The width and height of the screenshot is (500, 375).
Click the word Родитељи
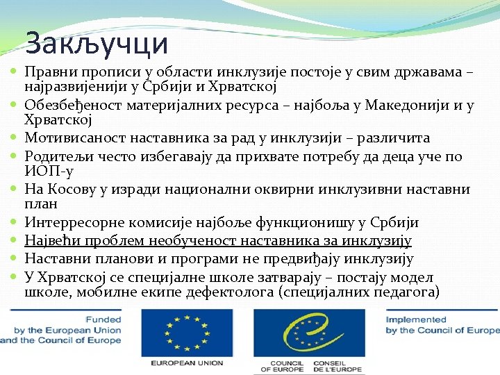pos(54,156)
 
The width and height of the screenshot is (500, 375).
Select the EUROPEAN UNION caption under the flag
pos(185,362)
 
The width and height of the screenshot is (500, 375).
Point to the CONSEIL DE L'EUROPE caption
pos(337,366)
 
